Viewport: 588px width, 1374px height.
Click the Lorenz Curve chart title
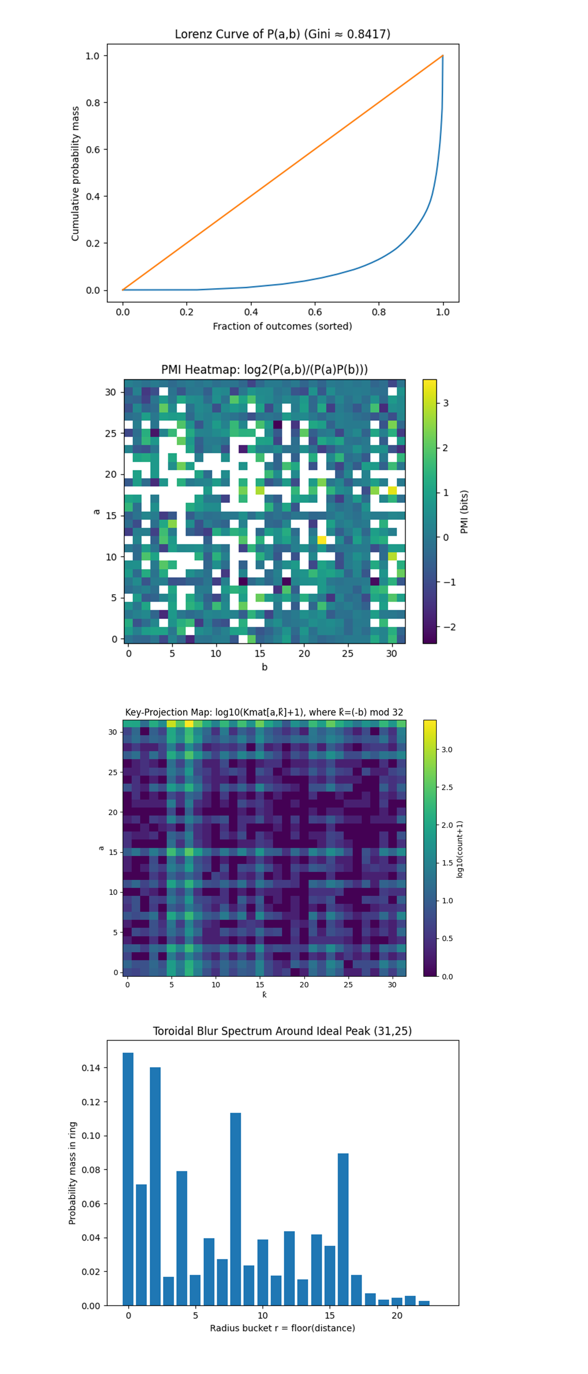[283, 34]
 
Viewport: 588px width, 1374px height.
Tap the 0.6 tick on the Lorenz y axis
[93, 149]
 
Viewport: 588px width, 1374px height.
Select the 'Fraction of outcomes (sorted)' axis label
[283, 326]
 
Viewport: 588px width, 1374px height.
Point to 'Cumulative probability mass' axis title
[75, 173]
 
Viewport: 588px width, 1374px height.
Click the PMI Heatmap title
[264, 369]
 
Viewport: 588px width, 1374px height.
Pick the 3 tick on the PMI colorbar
[446, 403]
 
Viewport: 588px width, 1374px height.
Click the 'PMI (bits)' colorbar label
[464, 512]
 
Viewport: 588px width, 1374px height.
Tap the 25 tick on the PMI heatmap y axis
[110, 433]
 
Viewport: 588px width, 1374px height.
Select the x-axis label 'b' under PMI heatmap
[264, 667]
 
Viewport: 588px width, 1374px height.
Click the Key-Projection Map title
[264, 712]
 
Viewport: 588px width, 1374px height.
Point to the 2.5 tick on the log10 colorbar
[447, 787]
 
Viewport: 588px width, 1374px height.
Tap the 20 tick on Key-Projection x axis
[304, 985]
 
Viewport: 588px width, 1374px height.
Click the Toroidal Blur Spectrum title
[283, 1031]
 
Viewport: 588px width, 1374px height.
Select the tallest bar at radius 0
[128, 1179]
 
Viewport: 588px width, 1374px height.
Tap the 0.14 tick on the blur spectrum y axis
[91, 1068]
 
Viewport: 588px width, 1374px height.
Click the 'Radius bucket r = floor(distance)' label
[283, 1328]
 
